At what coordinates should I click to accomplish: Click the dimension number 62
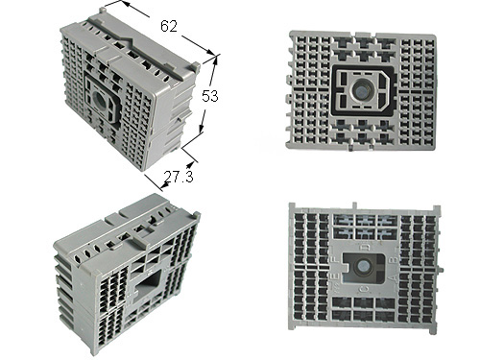[x=169, y=26]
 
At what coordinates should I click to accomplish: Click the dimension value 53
[x=210, y=96]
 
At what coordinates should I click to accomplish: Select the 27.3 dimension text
[x=179, y=177]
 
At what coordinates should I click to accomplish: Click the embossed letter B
[x=395, y=259]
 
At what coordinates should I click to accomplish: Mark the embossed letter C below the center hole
[x=364, y=289]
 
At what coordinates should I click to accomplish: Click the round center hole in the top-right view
[x=362, y=91]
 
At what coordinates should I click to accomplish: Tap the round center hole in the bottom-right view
[x=364, y=266]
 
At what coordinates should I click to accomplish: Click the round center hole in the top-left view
[x=100, y=103]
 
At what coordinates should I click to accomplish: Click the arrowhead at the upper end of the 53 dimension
[x=215, y=60]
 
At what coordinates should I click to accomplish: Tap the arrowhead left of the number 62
[x=124, y=3]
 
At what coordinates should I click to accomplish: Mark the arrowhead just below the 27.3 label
[x=164, y=184]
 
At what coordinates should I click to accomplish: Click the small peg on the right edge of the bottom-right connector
[x=441, y=269]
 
